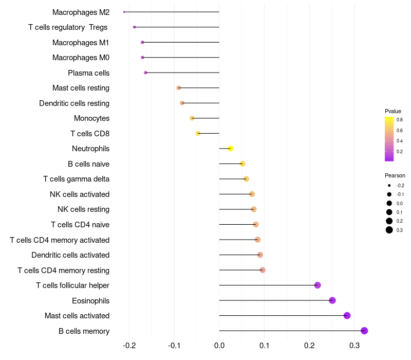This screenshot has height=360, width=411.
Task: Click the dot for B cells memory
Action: click(x=364, y=331)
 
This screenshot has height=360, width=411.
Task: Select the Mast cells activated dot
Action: click(x=347, y=316)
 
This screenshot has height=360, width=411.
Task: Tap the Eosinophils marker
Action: click(x=332, y=300)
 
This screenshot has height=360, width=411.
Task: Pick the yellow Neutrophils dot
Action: click(x=231, y=149)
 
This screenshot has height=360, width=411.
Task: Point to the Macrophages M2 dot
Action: click(x=124, y=12)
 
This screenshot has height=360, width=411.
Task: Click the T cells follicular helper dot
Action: click(x=317, y=285)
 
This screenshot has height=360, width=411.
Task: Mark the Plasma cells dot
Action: click(x=145, y=73)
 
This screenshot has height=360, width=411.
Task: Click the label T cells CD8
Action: click(x=90, y=134)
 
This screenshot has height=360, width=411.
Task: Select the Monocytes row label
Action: click(x=91, y=118)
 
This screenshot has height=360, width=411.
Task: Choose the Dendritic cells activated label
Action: click(x=70, y=255)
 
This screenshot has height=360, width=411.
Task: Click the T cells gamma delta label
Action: click(x=76, y=179)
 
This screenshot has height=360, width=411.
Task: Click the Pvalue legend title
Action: click(x=393, y=111)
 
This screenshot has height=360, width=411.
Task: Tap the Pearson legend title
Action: click(x=395, y=175)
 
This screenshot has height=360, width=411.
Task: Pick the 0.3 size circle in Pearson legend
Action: click(x=389, y=230)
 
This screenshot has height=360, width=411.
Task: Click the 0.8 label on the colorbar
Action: click(x=399, y=120)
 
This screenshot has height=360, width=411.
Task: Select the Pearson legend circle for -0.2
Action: click(x=389, y=186)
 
